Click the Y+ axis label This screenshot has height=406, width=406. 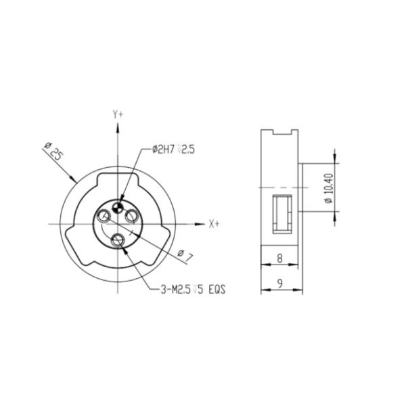118,114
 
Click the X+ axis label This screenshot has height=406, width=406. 214,224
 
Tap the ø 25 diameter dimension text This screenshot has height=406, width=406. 53,151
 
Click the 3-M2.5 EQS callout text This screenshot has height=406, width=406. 193,290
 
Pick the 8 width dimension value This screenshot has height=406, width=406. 279,258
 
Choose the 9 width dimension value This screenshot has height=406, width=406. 280,284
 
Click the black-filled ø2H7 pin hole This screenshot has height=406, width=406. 118,207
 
